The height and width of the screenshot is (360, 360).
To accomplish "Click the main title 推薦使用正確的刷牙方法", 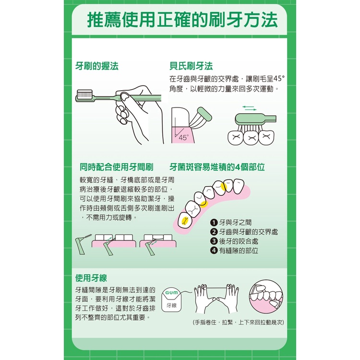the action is tap(182, 20).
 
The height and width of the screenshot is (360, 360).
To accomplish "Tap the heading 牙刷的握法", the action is tap(97, 66).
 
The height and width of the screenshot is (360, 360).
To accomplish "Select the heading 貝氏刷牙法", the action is tap(191, 66).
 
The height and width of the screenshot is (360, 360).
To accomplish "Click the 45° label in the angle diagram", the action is tap(184, 138).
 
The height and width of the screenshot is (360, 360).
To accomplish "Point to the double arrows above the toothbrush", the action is tap(249, 108).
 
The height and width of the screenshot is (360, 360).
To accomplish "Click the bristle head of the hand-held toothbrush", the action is tap(85, 95).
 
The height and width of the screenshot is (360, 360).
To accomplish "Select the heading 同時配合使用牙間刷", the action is tap(117, 167).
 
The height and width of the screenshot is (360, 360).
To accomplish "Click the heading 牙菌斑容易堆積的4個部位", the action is tap(217, 167).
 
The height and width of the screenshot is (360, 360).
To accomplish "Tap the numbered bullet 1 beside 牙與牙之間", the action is tap(214, 222).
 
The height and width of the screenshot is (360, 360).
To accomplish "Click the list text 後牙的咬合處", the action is tap(239, 241).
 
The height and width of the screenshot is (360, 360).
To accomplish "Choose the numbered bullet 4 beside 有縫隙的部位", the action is tap(214, 251).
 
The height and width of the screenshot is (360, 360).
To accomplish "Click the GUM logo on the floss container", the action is tap(171, 293).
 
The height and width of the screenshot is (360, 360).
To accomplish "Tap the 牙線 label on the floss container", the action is tap(171, 305).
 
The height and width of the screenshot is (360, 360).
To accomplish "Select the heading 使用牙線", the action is tap(91, 278).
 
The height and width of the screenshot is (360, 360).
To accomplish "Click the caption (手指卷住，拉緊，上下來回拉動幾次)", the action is tap(238, 323).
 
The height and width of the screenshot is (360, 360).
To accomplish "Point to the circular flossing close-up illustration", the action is tap(266, 297).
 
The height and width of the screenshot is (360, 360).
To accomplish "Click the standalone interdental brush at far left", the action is tap(83, 244).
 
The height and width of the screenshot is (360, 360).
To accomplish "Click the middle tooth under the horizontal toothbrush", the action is tap(251, 138).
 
